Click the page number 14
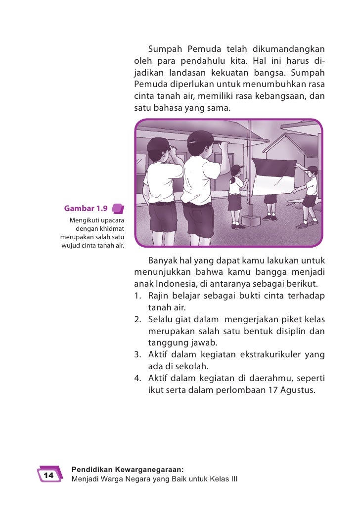tap(48, 475)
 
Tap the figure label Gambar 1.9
tap(86, 208)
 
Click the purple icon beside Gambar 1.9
tap(118, 208)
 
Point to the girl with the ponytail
tap(236, 196)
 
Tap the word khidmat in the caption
tap(112, 228)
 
